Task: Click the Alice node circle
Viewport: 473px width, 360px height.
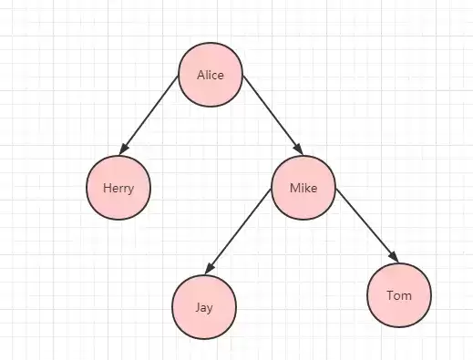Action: pos(211,75)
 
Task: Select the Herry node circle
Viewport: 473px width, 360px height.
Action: pos(118,188)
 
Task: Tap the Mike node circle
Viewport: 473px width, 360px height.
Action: pos(303,188)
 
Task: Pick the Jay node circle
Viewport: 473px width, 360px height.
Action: pos(204,307)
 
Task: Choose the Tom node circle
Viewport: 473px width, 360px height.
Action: pos(399,295)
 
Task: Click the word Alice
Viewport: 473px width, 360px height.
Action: pos(211,75)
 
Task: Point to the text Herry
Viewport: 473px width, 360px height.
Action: pos(118,189)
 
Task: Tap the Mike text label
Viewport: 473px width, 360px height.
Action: pos(303,188)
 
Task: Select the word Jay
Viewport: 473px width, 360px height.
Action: pos(204,308)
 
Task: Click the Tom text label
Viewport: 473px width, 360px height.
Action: pos(399,295)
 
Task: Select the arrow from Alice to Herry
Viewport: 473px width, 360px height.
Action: pos(149,116)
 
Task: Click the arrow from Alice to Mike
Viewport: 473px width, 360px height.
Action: pos(272,116)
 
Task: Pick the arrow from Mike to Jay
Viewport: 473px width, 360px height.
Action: pos(238,231)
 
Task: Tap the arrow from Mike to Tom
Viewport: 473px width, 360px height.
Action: pos(367,225)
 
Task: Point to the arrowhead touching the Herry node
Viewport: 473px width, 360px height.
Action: pos(123,149)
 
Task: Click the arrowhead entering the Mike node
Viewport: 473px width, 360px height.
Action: pos(299,149)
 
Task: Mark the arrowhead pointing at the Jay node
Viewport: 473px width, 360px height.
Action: pos(209,269)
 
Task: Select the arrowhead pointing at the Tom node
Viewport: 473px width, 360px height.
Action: pos(394,257)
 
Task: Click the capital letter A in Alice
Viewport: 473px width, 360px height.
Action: pos(201,75)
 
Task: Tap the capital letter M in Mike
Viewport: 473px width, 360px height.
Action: pos(294,188)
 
